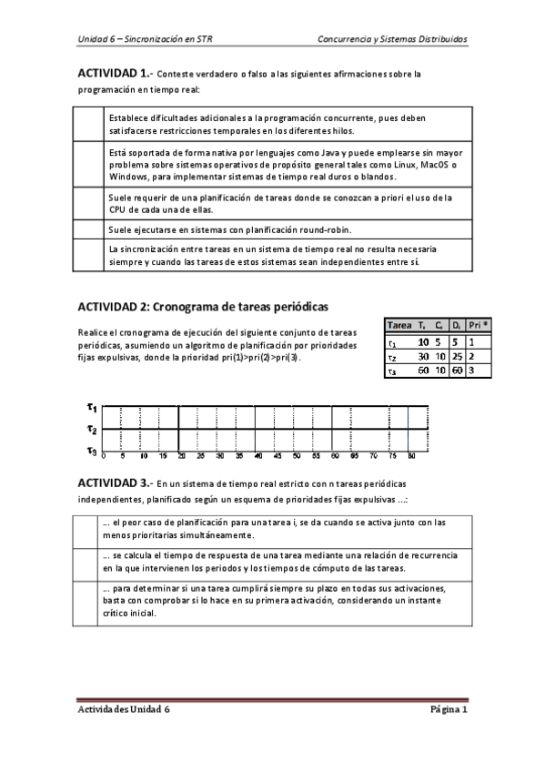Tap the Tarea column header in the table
coord(399,325)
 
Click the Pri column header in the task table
coord(478,325)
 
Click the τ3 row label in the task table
coord(392,371)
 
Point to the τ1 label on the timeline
coord(92,411)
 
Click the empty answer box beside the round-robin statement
coord(88,228)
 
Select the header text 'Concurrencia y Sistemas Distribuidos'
coord(392,40)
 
